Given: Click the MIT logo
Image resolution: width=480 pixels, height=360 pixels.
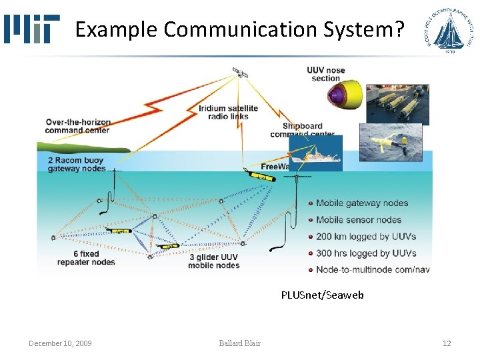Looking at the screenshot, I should point(31,29).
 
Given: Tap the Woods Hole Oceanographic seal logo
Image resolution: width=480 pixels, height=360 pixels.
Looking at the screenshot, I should point(449,30).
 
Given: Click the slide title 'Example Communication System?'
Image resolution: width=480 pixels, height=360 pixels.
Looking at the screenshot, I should point(239,29).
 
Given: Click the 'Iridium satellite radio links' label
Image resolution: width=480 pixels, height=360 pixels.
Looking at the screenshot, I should point(228,112).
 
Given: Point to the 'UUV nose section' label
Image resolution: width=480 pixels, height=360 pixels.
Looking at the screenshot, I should point(326,74).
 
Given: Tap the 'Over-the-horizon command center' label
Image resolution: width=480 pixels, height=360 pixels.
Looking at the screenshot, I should point(78,126).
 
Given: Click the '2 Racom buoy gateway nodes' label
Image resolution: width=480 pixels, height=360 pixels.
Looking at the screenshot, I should point(77,165).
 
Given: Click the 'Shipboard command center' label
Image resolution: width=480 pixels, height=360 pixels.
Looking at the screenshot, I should point(302,130).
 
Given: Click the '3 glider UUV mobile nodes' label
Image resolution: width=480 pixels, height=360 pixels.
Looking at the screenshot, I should point(213,261).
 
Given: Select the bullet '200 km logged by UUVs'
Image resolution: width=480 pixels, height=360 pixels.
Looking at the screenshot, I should point(366,237).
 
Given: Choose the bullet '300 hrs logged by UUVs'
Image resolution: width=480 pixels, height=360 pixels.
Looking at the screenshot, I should point(366,253).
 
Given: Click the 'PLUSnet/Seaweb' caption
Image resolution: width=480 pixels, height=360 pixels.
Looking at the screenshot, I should point(322,295).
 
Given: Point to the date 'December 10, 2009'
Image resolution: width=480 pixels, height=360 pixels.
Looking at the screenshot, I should point(60,343).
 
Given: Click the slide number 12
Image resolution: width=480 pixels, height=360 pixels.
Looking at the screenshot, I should point(447,343).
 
